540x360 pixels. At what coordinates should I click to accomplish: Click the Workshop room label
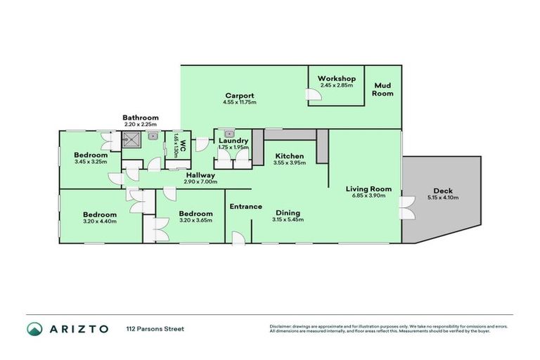click(336, 78)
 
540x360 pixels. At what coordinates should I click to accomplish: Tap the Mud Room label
click(382, 89)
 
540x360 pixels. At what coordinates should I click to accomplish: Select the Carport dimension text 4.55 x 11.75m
click(239, 103)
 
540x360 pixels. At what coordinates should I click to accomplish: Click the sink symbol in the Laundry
click(229, 133)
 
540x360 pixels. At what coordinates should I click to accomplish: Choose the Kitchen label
click(289, 155)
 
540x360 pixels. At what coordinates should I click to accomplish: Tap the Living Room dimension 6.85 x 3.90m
click(368, 198)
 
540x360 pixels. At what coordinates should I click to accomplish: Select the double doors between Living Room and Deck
click(404, 208)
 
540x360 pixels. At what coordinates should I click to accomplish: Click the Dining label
click(288, 213)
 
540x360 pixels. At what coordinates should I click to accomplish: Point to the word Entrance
click(245, 207)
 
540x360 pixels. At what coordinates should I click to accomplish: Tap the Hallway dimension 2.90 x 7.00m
click(200, 182)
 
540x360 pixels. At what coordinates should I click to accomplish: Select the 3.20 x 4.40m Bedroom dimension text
click(99, 221)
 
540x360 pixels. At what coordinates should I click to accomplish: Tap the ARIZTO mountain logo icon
click(35, 329)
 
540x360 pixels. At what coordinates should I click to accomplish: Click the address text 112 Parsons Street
click(155, 329)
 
